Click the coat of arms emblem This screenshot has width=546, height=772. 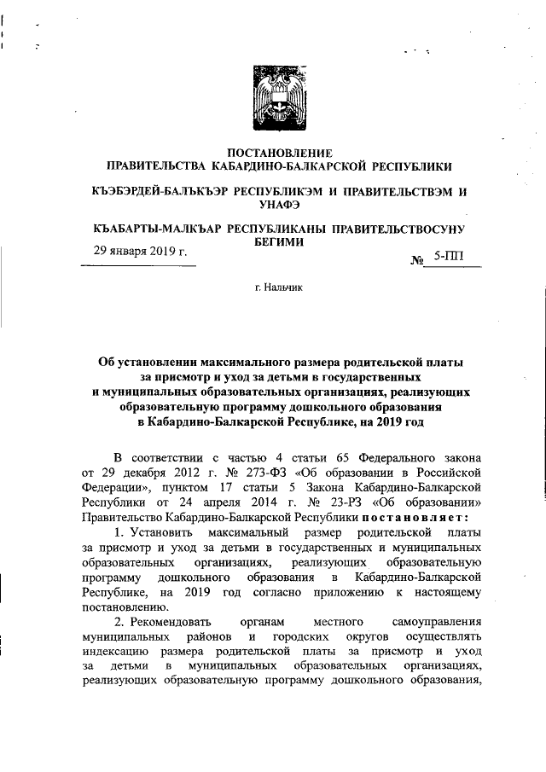point(273,96)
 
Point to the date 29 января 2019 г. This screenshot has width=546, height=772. point(139,252)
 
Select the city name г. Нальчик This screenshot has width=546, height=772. point(273,288)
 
